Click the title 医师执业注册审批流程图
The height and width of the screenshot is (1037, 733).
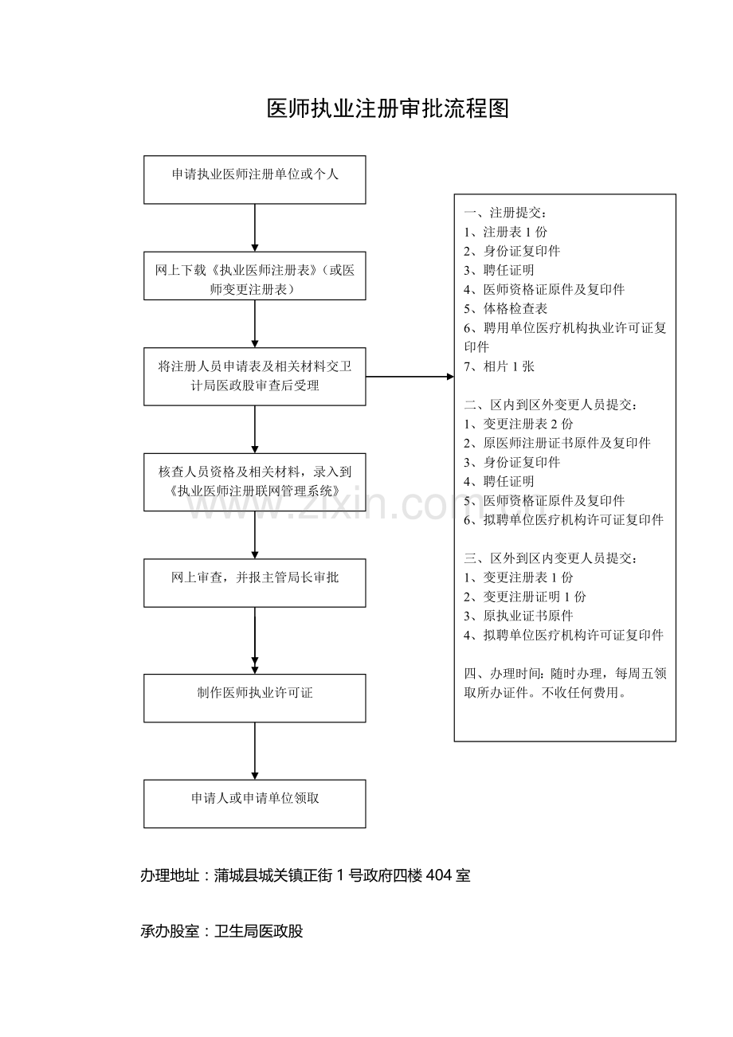point(388,109)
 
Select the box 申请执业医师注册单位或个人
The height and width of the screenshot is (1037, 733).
point(255,180)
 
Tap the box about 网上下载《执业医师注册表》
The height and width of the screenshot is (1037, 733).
point(255,276)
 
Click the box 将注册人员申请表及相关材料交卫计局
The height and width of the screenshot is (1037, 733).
point(255,377)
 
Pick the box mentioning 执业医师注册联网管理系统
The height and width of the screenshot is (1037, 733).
point(255,483)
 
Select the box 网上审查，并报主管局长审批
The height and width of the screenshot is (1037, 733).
point(255,583)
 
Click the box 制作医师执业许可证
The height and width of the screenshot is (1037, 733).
point(255,699)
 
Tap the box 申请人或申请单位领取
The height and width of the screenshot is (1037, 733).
point(255,804)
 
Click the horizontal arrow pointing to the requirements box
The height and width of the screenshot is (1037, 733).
point(410,377)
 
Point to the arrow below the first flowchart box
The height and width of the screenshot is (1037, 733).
point(255,228)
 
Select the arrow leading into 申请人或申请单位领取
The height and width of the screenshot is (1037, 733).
point(255,751)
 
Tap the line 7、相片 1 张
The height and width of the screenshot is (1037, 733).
point(500,366)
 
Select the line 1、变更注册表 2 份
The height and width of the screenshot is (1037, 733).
point(519,424)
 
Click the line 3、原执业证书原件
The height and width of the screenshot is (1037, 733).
point(519,616)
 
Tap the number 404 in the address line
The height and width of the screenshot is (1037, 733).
point(438,875)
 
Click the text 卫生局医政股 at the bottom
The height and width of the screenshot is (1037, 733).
point(258,931)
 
